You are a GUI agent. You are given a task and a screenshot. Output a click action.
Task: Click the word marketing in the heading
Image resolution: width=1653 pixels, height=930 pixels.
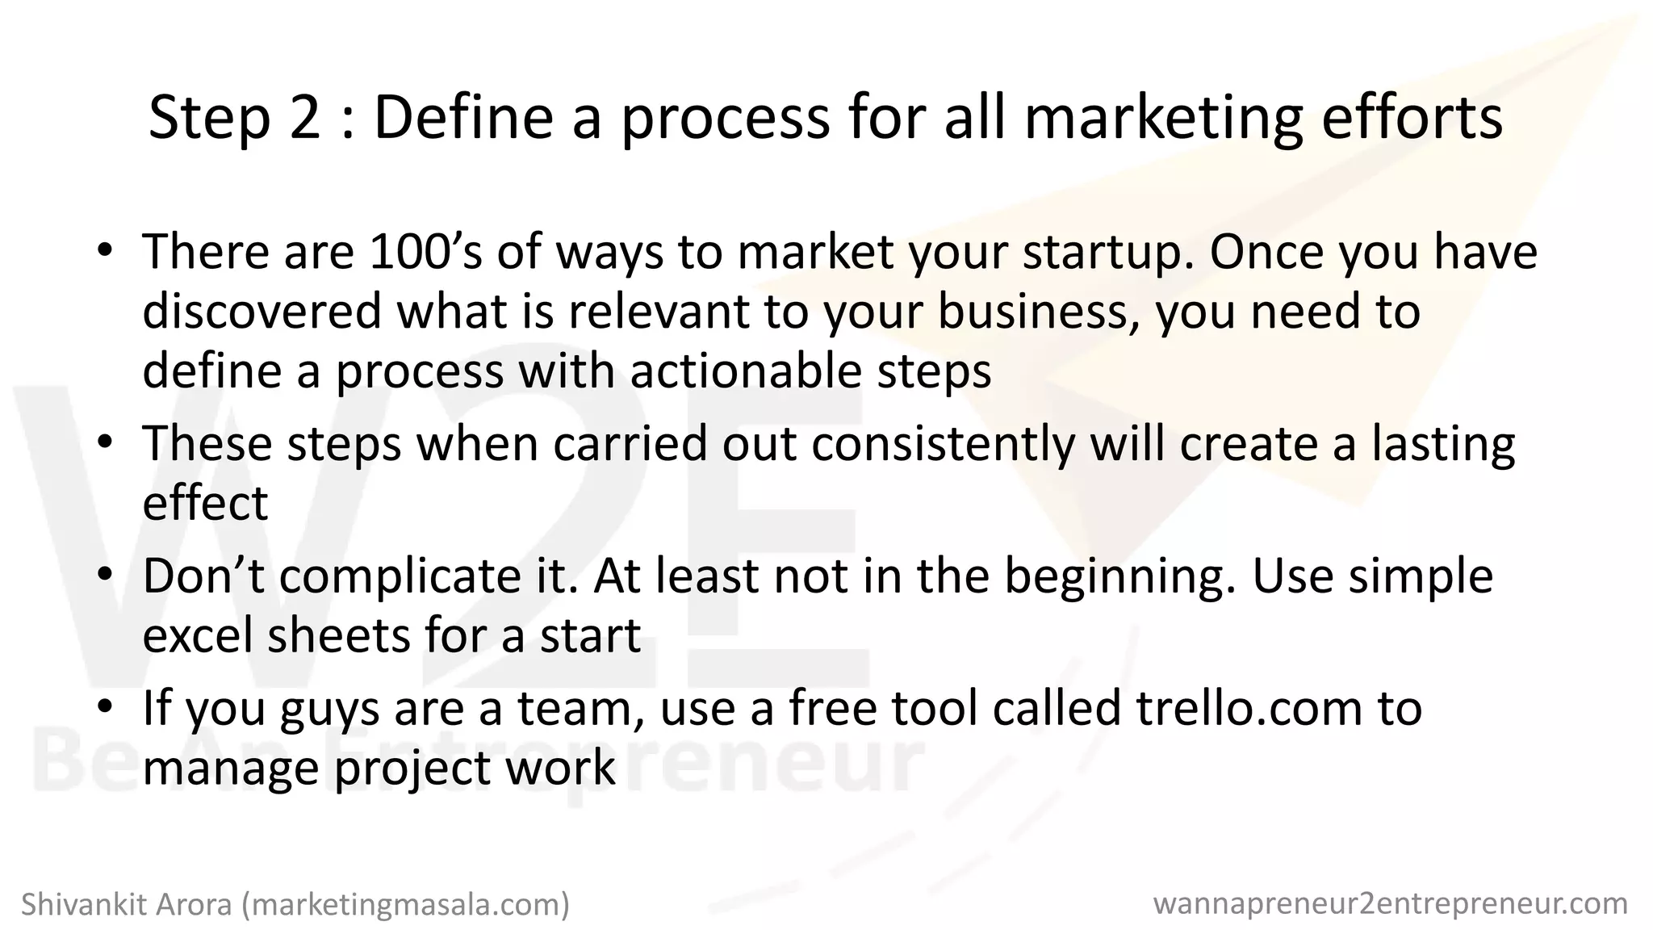pyautogui.click(x=1164, y=118)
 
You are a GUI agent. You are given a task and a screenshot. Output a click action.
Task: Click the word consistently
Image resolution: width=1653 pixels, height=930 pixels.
pyautogui.click(x=944, y=444)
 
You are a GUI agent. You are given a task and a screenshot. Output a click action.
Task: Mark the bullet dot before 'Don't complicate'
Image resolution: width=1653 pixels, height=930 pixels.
pyautogui.click(x=105, y=576)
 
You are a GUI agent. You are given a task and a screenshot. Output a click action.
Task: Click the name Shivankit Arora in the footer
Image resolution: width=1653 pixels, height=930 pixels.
pyautogui.click(x=128, y=905)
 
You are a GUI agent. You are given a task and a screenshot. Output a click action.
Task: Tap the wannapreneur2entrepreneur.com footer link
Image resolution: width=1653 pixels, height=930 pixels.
pyautogui.click(x=1391, y=903)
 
